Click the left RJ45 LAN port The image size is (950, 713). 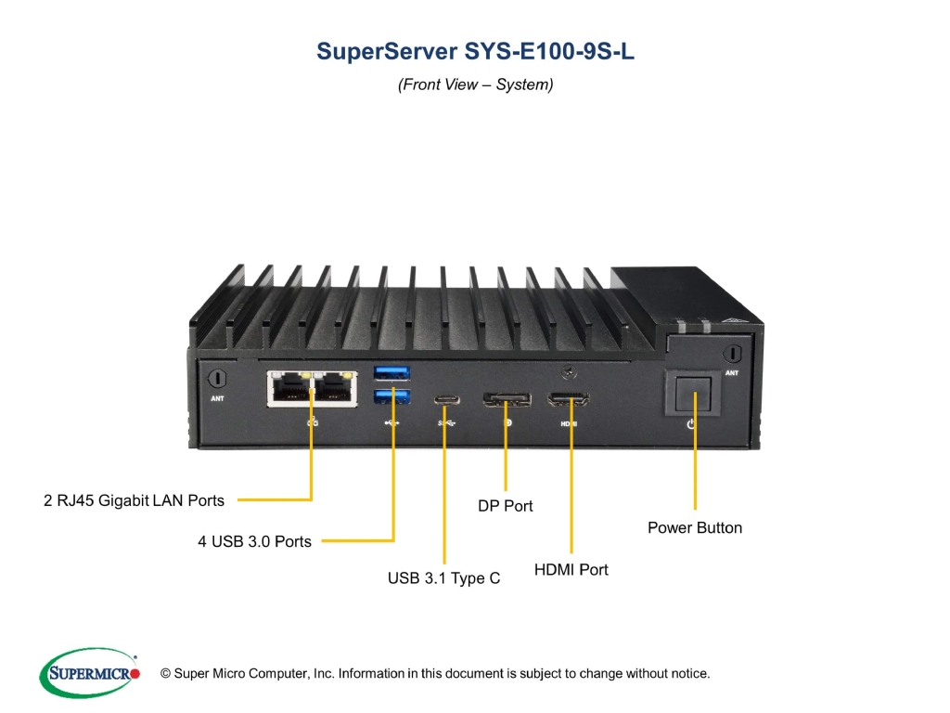[290, 388]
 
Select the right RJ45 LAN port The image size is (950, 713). [334, 388]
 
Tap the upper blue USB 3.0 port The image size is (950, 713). [392, 372]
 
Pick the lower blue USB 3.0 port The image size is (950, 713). [392, 396]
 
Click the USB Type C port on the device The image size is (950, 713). [446, 400]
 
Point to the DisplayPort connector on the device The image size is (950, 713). [507, 399]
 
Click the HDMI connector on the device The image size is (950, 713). [569, 399]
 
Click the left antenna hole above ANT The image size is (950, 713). [217, 379]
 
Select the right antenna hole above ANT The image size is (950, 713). [732, 353]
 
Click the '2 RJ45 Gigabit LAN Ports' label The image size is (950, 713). [134, 500]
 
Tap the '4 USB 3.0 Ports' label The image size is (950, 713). [254, 541]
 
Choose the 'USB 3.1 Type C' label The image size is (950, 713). [444, 578]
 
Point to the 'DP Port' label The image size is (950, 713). [506, 506]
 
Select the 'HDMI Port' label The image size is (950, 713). [571, 570]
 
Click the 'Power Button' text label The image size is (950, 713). [695, 528]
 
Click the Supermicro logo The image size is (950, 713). [90, 673]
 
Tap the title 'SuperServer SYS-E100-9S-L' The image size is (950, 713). [476, 52]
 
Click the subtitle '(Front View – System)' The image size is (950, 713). [476, 84]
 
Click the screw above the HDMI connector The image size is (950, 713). [569, 372]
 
